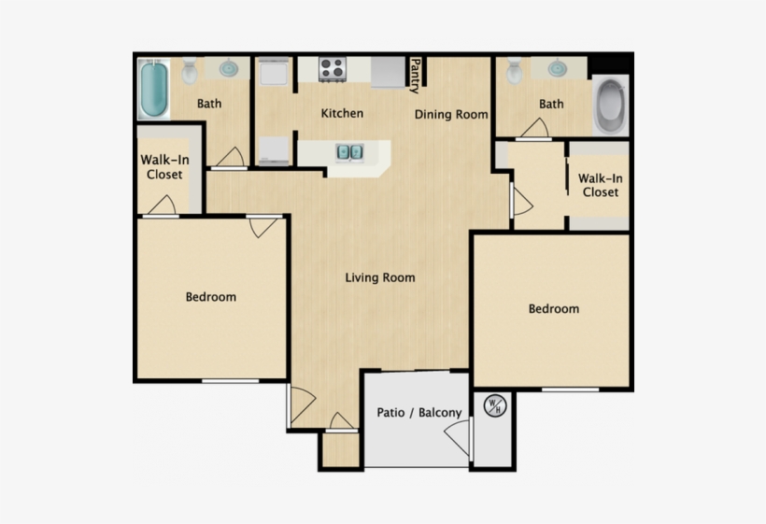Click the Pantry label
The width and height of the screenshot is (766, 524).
(416, 76)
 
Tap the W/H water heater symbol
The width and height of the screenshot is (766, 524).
(495, 405)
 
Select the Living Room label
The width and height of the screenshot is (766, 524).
(380, 277)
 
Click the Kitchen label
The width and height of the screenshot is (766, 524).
(342, 113)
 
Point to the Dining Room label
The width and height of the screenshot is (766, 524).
(451, 115)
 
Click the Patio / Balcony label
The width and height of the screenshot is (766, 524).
(419, 413)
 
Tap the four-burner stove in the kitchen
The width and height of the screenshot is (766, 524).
(333, 69)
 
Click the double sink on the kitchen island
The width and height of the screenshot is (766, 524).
(349, 152)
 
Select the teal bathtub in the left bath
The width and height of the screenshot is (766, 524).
(154, 89)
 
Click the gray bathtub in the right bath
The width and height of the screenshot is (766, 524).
(611, 106)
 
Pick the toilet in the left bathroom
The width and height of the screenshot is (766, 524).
(189, 71)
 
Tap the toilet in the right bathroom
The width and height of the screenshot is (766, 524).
(514, 71)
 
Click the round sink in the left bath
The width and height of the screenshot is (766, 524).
(228, 68)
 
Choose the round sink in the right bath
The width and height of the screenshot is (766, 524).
(558, 68)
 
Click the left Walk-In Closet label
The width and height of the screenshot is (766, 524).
(164, 167)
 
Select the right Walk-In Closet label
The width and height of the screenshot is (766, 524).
(601, 185)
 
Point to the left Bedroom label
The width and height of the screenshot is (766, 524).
(211, 297)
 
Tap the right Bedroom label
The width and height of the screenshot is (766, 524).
(554, 308)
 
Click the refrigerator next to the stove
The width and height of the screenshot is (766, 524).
(389, 72)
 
